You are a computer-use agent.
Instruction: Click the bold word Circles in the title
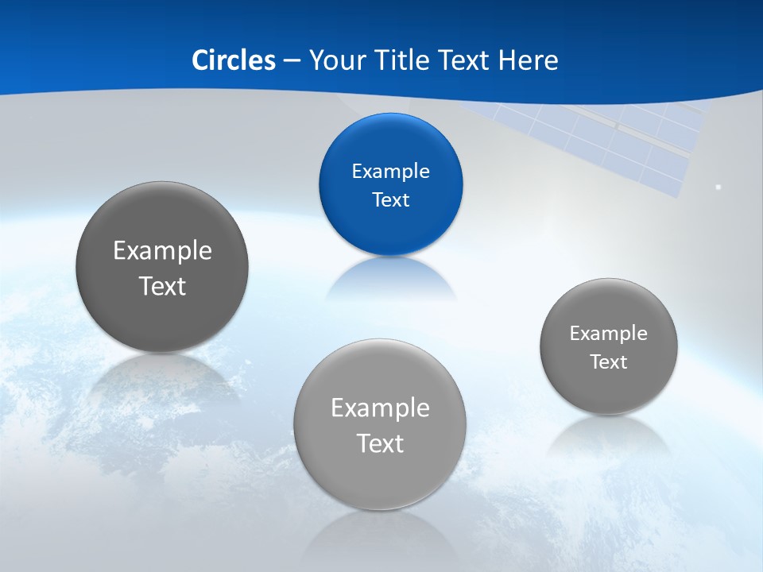click(x=234, y=60)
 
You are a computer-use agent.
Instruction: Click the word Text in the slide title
click(x=465, y=60)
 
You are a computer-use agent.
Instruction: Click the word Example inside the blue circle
click(x=390, y=171)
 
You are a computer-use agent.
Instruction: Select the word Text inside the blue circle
click(x=390, y=199)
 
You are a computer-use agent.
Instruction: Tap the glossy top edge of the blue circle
click(x=390, y=119)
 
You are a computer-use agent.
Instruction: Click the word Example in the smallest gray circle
click(x=608, y=333)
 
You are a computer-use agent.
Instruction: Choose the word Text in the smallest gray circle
click(x=608, y=361)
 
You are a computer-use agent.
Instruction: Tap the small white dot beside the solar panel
click(x=718, y=187)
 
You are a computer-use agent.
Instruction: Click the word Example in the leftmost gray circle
click(x=162, y=250)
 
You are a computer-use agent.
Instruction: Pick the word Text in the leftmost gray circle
click(x=162, y=285)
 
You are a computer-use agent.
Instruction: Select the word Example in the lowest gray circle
click(x=380, y=408)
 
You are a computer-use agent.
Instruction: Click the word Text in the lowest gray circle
click(x=380, y=443)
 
